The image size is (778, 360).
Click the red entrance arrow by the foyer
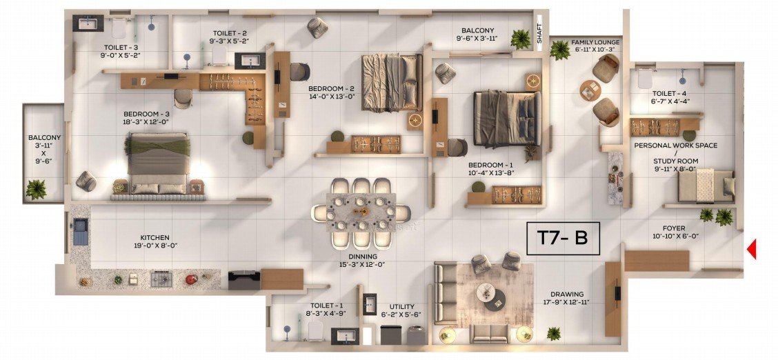(752, 249)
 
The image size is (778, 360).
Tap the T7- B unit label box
(563, 238)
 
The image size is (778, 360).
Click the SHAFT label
(540, 36)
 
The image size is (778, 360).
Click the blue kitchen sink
(81, 232)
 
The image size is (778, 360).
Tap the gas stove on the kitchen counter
(161, 280)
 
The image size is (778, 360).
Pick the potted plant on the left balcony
(36, 190)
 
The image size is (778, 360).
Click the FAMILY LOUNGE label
(595, 42)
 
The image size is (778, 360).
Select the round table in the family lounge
(590, 90)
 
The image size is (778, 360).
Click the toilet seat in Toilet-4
(645, 78)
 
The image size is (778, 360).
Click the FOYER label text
(676, 228)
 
